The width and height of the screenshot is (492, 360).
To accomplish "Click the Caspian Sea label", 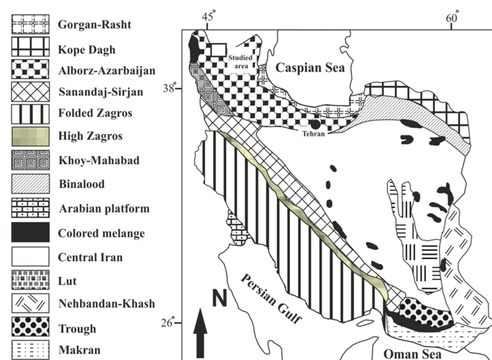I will coord(314,68).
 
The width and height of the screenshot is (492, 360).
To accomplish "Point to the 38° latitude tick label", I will coord(169,89).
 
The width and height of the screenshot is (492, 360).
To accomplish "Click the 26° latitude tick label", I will coord(169,324).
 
